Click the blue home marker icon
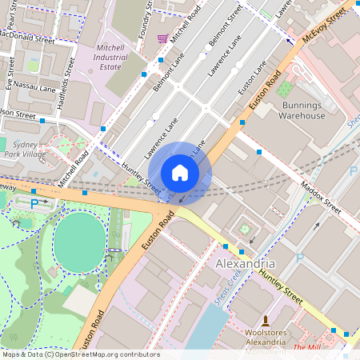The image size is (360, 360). [180, 173]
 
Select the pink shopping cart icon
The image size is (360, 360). [163, 38]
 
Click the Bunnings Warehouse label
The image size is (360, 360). [302, 110]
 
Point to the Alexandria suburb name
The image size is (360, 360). [246, 263]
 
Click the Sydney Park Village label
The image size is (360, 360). [25, 147]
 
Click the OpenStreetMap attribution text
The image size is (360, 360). [80, 354]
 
